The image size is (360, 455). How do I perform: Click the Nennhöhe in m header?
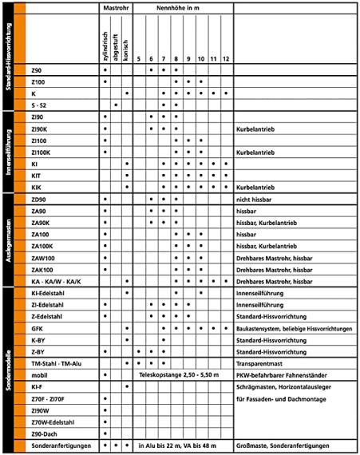click(x=183, y=7)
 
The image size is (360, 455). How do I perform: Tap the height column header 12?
click(x=226, y=59)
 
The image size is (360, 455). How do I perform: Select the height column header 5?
click(x=139, y=59)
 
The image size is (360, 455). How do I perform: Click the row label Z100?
click(x=38, y=81)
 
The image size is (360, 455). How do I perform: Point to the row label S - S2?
click(x=39, y=105)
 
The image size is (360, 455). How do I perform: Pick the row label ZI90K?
click(x=39, y=129)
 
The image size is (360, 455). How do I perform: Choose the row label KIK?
click(x=36, y=187)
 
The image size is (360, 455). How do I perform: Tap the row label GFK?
click(x=37, y=328)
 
